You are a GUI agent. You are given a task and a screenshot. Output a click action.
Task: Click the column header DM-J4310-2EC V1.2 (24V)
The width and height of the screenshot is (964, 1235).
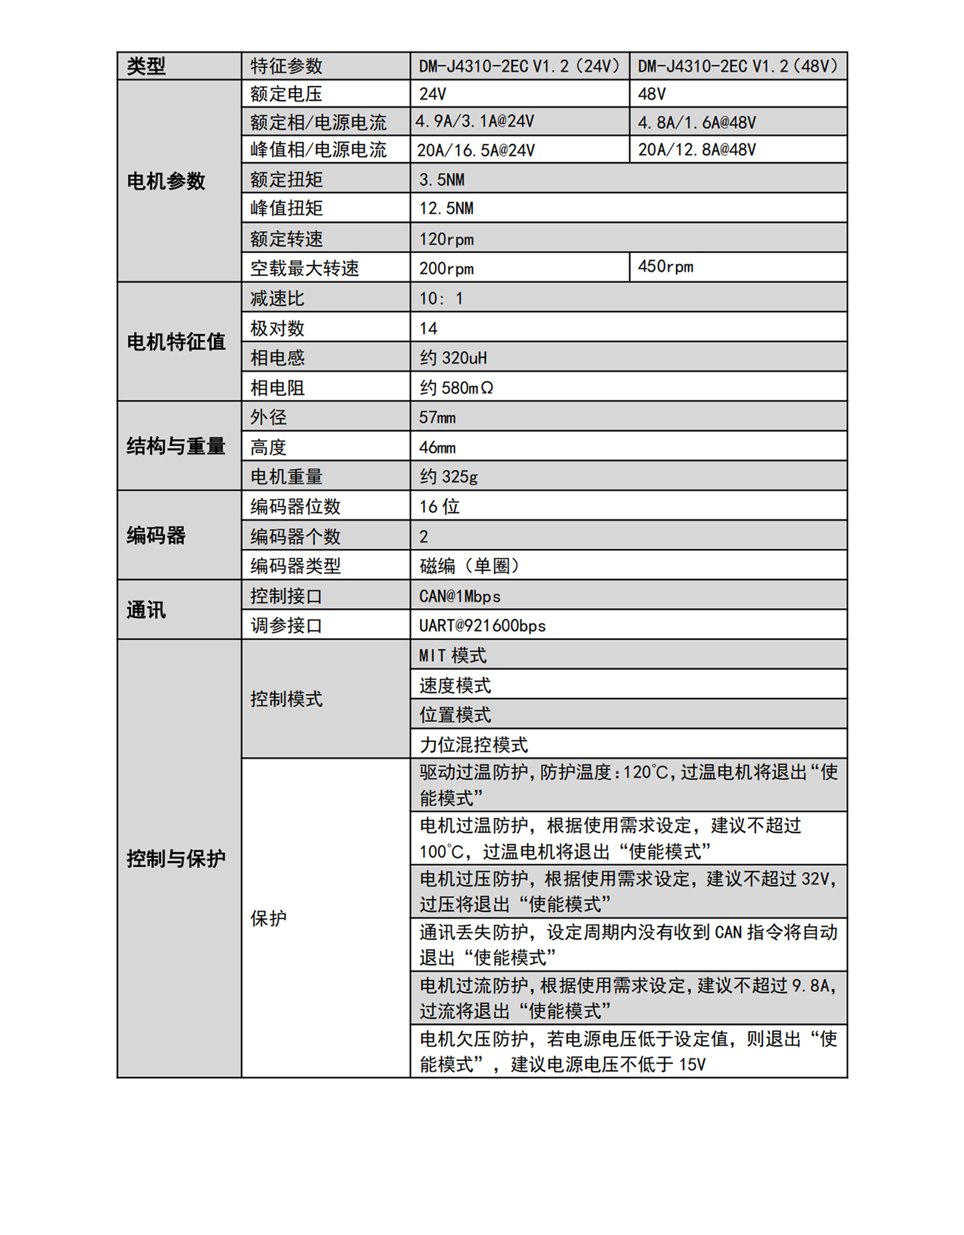coord(519,66)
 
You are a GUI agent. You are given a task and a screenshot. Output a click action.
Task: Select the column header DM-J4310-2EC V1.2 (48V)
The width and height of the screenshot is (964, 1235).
coord(738,66)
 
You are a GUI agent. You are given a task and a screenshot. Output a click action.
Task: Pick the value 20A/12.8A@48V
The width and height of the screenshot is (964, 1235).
coord(697,150)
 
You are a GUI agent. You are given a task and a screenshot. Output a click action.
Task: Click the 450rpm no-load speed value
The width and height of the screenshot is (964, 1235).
coord(665,267)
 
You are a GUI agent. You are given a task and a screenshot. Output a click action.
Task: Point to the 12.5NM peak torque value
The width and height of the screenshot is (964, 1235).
coord(446,208)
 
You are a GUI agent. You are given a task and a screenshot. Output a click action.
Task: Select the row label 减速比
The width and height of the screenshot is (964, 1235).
coord(277,298)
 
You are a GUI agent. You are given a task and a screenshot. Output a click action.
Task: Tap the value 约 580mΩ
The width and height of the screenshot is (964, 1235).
coord(456,387)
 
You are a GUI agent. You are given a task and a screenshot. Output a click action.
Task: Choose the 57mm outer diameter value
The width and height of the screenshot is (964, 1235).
coord(437,417)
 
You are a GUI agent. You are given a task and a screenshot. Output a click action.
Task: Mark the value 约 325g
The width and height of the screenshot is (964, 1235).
coord(449,476)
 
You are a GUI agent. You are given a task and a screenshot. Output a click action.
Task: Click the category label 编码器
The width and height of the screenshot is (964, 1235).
coord(156,535)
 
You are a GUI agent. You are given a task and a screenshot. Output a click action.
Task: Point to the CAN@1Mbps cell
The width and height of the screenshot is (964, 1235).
coord(460,596)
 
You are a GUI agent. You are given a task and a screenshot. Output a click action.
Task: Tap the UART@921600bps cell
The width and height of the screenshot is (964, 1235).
coord(482,625)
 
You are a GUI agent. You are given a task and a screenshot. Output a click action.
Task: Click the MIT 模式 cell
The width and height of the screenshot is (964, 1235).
coord(452,655)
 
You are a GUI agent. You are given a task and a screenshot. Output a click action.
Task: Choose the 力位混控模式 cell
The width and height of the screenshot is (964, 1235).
coord(473,744)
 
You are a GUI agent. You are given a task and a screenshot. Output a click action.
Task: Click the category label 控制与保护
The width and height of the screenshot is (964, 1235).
coord(176,858)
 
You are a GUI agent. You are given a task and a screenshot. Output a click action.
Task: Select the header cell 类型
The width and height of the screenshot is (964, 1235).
coord(146,66)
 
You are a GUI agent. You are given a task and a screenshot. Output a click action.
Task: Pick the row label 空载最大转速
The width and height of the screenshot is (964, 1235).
coord(305,268)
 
